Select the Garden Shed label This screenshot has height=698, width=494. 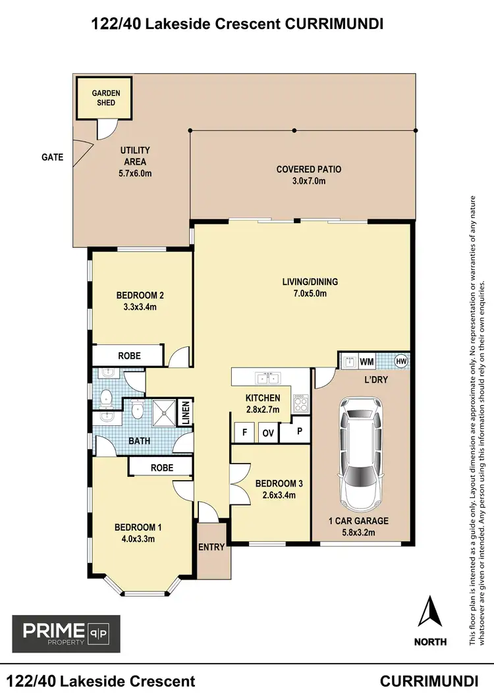pyautogui.click(x=105, y=98)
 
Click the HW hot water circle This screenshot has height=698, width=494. pyautogui.click(x=400, y=361)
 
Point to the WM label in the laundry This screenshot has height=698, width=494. pyautogui.click(x=366, y=362)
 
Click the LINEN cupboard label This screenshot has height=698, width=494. pyautogui.click(x=186, y=414)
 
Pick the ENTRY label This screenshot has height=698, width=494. pyautogui.click(x=211, y=547)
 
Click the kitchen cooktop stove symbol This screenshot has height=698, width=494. pyautogui.click(x=300, y=401)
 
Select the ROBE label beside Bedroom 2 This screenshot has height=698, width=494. pyautogui.click(x=128, y=356)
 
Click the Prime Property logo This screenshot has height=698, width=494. pyautogui.click(x=66, y=633)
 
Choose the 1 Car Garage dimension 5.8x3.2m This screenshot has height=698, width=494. pyautogui.click(x=358, y=532)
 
